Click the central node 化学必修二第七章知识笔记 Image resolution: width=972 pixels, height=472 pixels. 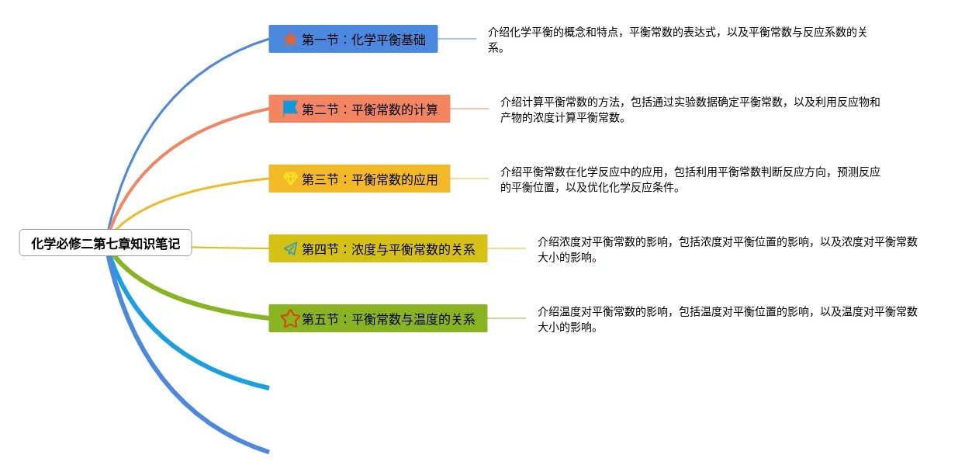(106, 244)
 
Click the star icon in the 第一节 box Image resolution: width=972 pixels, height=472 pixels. (290, 39)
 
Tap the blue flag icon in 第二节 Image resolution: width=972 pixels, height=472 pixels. (290, 108)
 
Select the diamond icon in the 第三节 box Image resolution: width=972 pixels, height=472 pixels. (290, 179)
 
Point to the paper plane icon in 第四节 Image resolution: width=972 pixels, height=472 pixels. (290, 248)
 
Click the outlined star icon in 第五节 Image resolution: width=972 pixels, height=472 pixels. (290, 318)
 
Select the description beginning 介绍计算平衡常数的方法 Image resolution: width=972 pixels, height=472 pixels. (690, 109)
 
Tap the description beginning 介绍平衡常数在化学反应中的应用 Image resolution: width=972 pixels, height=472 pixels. (690, 179)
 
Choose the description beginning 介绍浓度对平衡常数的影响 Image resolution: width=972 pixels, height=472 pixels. (727, 249)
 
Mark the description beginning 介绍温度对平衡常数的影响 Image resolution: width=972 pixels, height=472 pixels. (727, 319)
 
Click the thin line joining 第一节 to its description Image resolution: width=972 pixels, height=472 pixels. (457, 39)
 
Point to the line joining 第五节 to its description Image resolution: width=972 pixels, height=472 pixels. (507, 318)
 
